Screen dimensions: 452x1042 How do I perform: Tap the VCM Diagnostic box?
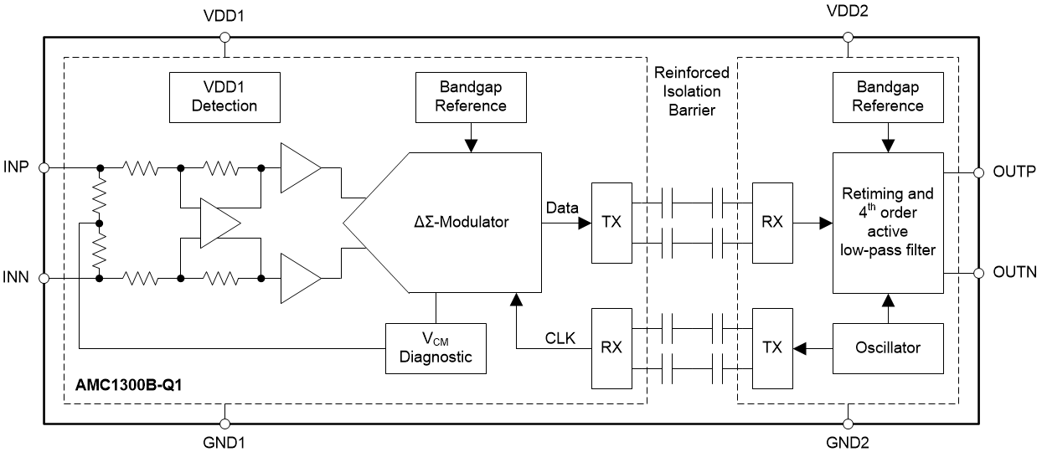[435, 347]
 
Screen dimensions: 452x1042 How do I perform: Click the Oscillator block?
[888, 347]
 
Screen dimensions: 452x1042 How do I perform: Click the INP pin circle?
[45, 167]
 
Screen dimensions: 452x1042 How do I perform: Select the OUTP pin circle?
[978, 174]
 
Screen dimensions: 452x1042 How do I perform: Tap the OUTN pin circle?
[978, 272]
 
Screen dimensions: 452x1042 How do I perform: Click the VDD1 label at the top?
[224, 16]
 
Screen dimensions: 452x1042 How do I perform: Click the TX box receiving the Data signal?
[611, 223]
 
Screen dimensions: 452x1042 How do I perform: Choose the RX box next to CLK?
[611, 347]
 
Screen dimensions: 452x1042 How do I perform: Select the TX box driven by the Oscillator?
[772, 347]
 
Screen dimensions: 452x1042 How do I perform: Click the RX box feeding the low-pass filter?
[772, 223]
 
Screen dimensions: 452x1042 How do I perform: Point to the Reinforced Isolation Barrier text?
[692, 90]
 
